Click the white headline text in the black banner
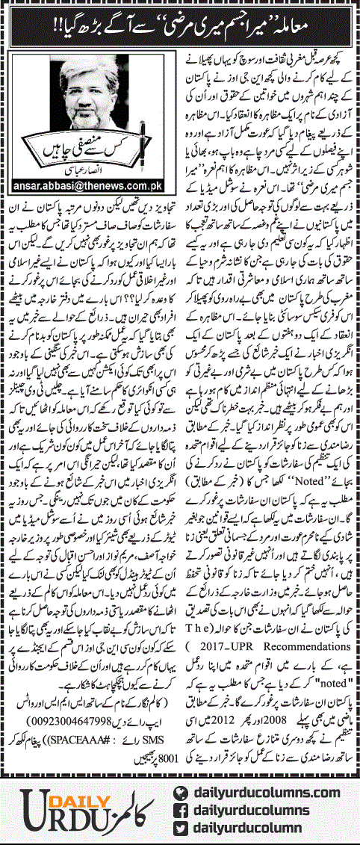(179, 31)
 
